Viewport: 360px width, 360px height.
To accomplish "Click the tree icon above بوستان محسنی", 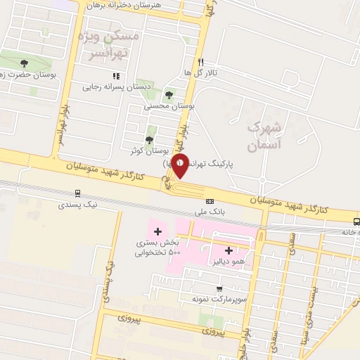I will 168,95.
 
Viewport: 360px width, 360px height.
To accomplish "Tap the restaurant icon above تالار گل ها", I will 201,62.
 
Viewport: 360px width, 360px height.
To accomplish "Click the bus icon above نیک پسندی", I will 77,193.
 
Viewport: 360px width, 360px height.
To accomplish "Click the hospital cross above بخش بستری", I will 157,231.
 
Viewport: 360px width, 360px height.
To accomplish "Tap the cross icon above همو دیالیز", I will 229,250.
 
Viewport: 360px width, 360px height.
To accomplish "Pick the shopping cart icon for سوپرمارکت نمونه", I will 219,288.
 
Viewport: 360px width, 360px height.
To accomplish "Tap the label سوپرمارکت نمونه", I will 218,299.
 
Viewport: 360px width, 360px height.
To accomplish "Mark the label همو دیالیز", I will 226,261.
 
